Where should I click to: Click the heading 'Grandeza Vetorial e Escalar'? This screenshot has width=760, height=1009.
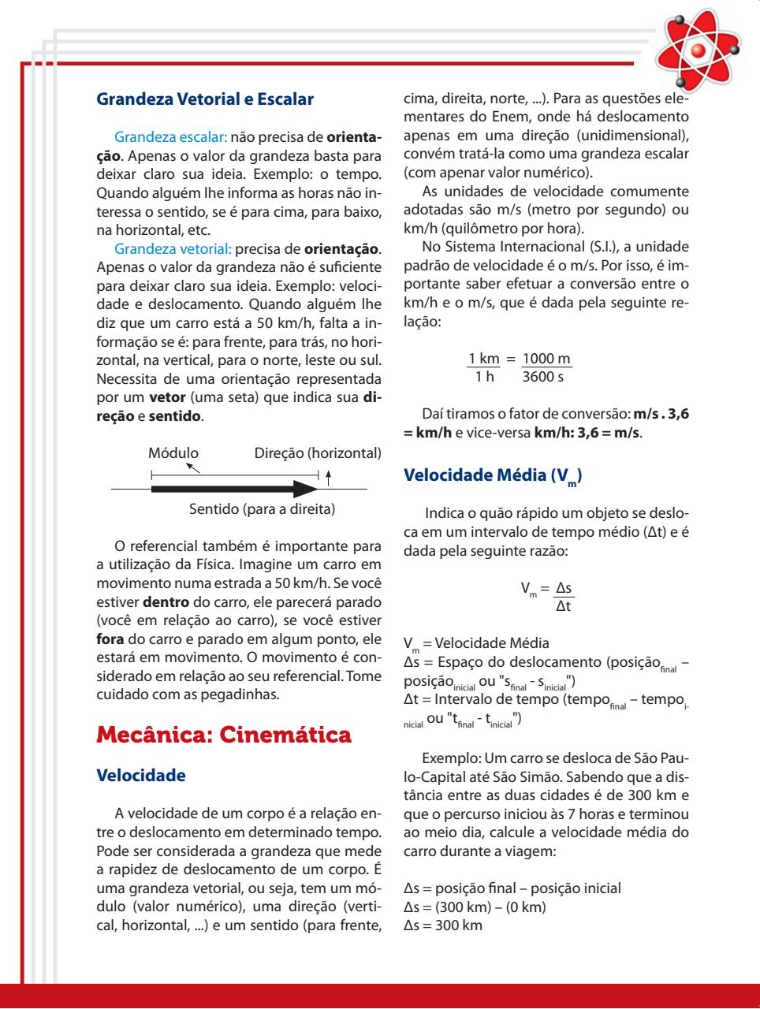[x=204, y=100]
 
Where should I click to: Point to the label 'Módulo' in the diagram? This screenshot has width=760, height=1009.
[x=173, y=453]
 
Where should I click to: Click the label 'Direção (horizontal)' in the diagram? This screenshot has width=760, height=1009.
[x=318, y=453]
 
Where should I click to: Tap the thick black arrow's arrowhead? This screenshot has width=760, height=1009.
[x=304, y=490]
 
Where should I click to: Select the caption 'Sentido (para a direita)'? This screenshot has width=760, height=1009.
[x=263, y=509]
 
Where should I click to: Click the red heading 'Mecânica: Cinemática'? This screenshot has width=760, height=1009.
[x=223, y=735]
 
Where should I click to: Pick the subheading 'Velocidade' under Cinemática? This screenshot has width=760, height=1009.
[x=140, y=776]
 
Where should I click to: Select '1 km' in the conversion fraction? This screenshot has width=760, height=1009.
[x=485, y=359]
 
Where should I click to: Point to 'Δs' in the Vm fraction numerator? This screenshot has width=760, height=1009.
[x=563, y=588]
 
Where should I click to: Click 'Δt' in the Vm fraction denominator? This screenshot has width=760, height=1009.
[x=563, y=606]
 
